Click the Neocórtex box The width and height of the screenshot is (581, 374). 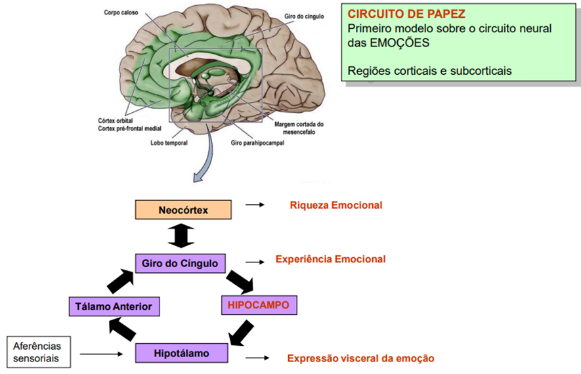183,210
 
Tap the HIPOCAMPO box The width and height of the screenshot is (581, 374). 259,305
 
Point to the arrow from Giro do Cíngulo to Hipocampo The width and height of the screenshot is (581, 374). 240,281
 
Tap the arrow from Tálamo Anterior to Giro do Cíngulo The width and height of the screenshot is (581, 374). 121,280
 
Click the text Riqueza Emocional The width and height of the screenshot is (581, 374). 335,205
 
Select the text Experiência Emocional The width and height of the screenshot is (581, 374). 330,259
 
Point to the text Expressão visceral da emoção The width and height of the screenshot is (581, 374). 360,358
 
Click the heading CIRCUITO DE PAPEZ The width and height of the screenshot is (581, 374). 398,14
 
